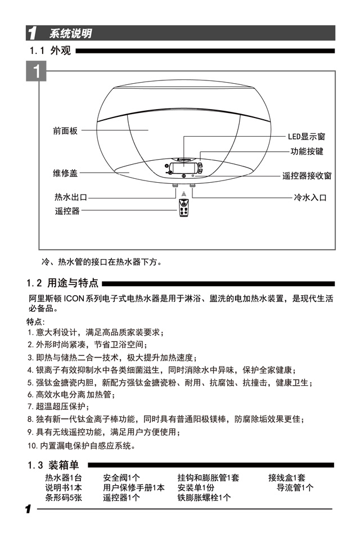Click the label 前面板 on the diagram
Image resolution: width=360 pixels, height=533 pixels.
tap(65, 130)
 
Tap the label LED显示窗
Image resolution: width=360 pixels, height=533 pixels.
tap(307, 137)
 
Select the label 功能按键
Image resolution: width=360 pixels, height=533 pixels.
tap(307, 152)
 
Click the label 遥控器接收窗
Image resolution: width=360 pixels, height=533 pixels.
tap(307, 176)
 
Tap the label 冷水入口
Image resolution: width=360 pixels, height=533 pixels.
tap(310, 197)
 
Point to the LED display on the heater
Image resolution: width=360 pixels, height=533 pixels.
tap(183, 168)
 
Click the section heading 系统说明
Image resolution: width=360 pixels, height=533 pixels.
tap(70, 34)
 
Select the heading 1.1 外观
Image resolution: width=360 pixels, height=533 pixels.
tap(51, 51)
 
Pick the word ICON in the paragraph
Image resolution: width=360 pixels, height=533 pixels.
tap(74, 298)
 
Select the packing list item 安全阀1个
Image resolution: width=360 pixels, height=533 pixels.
tap(121, 478)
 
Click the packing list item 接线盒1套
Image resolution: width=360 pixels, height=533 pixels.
tap(287, 478)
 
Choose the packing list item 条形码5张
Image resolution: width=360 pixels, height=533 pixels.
tap(64, 498)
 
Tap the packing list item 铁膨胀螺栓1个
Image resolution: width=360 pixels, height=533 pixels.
tap(204, 498)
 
